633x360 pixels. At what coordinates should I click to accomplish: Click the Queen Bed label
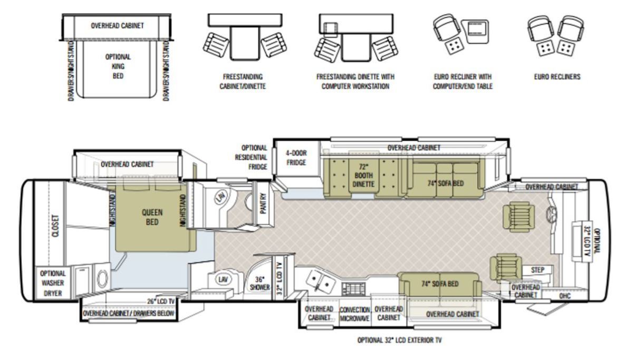[x=152, y=217]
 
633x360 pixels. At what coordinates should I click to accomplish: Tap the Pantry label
[x=263, y=203]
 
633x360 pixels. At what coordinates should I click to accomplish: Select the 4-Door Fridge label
[x=296, y=158]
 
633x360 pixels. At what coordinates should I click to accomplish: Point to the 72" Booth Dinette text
[x=363, y=176]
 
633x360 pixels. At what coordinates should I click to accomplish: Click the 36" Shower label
[x=260, y=284]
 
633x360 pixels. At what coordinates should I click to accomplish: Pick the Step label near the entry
[x=537, y=270]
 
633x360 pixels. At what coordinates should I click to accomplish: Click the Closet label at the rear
[x=56, y=226]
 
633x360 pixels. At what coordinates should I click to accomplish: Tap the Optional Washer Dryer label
[x=53, y=283]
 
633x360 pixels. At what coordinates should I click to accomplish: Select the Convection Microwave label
[x=354, y=314]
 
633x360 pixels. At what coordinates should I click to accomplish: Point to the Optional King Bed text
[x=118, y=66]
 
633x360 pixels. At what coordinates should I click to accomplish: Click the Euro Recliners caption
[x=557, y=77]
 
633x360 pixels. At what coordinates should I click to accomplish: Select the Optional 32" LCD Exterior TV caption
[x=399, y=340]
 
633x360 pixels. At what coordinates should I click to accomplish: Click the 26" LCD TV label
[x=161, y=301]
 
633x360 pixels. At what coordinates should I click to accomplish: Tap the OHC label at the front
[x=564, y=296]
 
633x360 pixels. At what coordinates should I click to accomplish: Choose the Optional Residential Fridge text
[x=251, y=158]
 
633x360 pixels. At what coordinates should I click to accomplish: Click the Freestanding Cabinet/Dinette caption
[x=243, y=81]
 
